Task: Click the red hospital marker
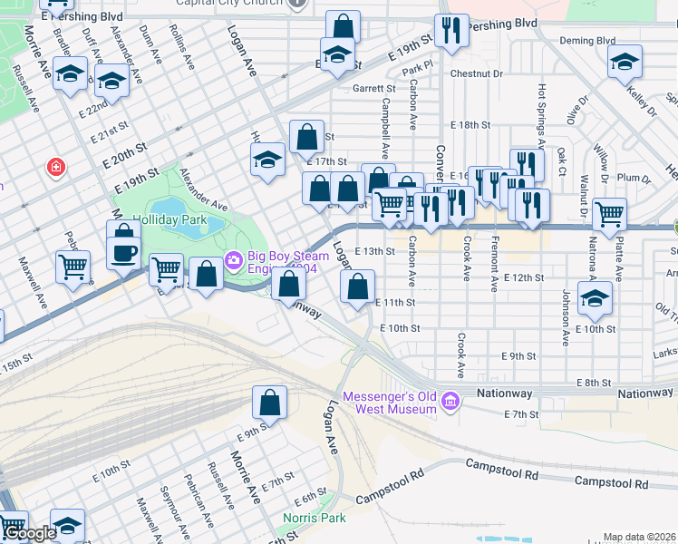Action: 56,168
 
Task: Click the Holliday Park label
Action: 169,220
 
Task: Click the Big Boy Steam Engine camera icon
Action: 235,261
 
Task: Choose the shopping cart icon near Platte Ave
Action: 609,214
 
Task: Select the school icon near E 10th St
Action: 595,297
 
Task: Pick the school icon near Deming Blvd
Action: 624,61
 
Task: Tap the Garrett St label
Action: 374,89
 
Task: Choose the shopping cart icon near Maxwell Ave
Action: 73,267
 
